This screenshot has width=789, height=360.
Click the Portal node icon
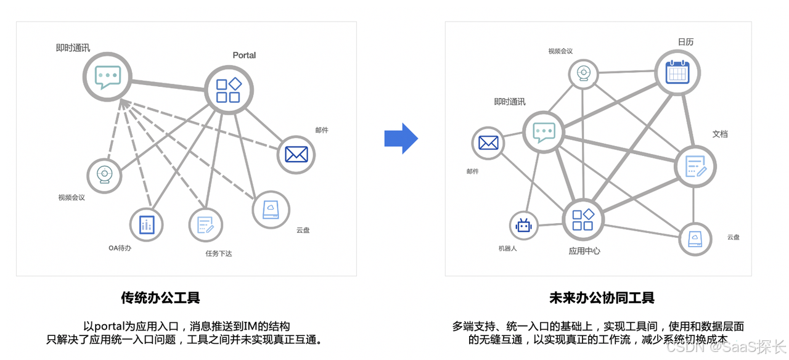(x=228, y=90)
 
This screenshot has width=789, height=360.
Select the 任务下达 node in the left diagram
(x=205, y=225)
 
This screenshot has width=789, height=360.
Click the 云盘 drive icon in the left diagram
(x=271, y=208)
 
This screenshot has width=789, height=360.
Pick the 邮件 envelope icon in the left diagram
(x=296, y=155)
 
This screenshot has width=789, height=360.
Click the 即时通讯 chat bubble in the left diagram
(x=108, y=77)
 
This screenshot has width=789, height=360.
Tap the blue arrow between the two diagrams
(x=401, y=139)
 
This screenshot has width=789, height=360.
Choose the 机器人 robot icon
(x=524, y=226)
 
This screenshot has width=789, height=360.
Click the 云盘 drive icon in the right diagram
(x=694, y=239)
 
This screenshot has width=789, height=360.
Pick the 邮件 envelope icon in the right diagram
(x=488, y=142)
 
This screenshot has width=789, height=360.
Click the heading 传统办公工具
(x=161, y=298)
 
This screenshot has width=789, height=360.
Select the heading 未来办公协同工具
(x=602, y=298)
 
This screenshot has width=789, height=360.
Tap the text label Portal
(x=244, y=55)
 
